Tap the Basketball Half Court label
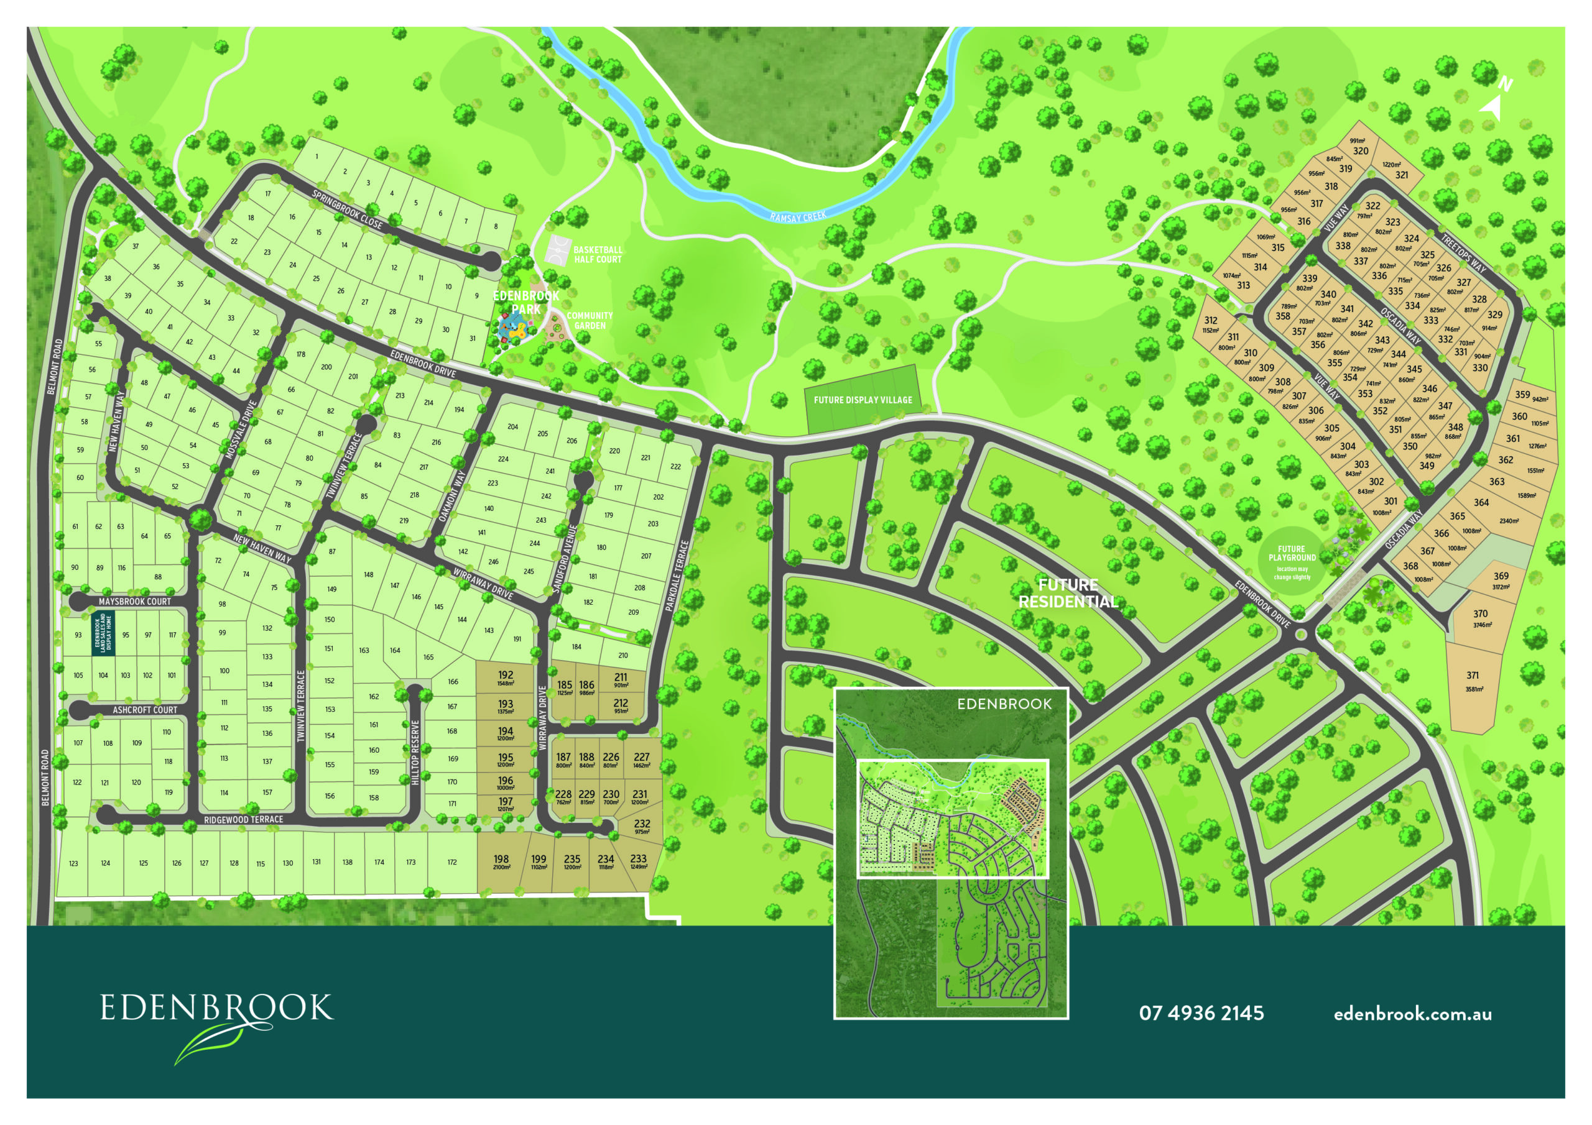point(597,254)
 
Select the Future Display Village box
point(863,400)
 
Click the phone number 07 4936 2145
point(1201,1013)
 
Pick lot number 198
point(501,860)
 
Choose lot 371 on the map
point(1473,676)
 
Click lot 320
point(1361,150)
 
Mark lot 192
point(506,676)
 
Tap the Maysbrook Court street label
point(134,602)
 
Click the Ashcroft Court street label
point(145,710)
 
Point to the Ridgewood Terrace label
point(243,819)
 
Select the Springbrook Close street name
point(346,209)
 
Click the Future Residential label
point(1068,593)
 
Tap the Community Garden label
point(590,320)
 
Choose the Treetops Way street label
point(1463,253)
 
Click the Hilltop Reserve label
point(415,752)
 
